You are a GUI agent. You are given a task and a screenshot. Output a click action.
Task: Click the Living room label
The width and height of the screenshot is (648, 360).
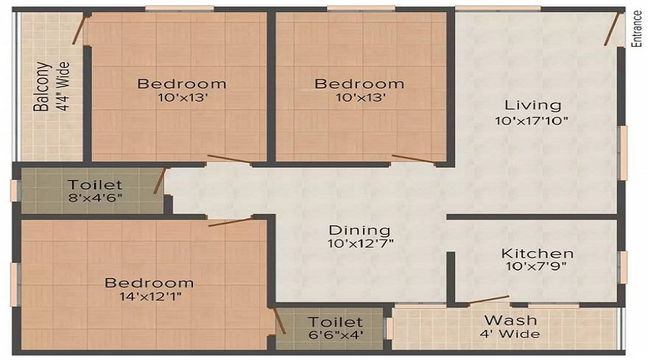(532, 105)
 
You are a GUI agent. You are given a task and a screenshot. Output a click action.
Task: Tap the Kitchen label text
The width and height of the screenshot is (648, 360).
(537, 253)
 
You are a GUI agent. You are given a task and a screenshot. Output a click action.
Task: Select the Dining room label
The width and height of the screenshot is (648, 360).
(360, 230)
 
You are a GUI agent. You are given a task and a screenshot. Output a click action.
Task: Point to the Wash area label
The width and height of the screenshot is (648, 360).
(510, 320)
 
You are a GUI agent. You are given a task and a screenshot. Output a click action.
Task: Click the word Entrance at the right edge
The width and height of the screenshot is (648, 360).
(636, 28)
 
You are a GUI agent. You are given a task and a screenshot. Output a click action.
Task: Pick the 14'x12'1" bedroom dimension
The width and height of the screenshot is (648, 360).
(149, 297)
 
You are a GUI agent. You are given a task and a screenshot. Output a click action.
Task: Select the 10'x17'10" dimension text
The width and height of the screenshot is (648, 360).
(532, 121)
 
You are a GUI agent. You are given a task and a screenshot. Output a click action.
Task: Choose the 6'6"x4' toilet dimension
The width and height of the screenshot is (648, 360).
(336, 336)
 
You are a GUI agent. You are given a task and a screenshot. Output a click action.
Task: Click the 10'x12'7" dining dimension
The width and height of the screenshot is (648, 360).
(360, 245)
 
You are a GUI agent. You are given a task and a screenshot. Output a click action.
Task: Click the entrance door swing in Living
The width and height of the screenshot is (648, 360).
(613, 29)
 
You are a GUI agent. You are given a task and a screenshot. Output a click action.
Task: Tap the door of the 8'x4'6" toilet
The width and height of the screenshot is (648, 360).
(161, 181)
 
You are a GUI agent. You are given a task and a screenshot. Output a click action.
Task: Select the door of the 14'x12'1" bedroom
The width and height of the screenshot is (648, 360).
(230, 221)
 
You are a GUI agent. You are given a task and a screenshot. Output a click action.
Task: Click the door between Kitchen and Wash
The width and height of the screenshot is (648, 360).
(488, 300)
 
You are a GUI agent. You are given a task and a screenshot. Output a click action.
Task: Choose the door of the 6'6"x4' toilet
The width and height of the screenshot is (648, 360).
(280, 321)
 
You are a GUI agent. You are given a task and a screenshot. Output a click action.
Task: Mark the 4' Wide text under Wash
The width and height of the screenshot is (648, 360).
(510, 334)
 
